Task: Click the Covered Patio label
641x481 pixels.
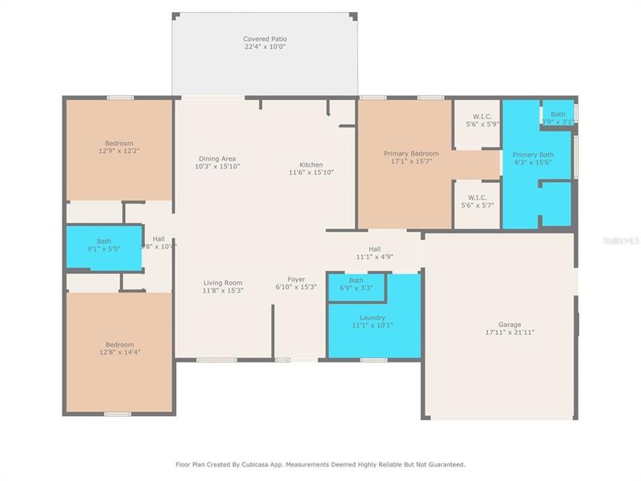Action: (264, 38)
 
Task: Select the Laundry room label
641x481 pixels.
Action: (373, 317)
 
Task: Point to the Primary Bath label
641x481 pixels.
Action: (533, 155)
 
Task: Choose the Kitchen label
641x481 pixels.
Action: (311, 164)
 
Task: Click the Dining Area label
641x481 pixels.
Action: (217, 159)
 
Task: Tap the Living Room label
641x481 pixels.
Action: (223, 282)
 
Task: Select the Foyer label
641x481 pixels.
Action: (296, 279)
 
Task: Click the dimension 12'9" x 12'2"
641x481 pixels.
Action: (119, 151)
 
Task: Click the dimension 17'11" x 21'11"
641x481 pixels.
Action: (510, 332)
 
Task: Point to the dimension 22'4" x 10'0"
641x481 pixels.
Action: (264, 46)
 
